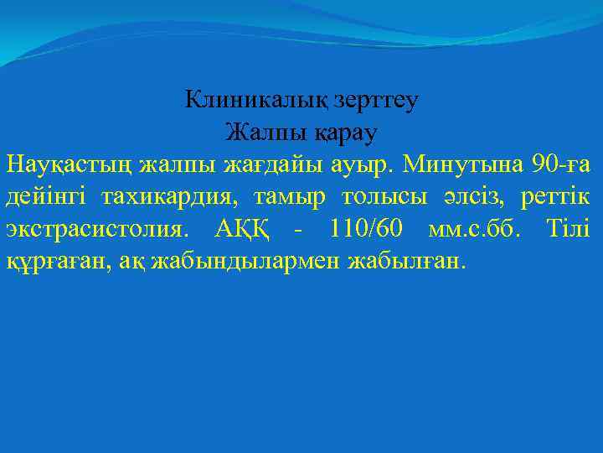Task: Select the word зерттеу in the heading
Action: coord(376,101)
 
